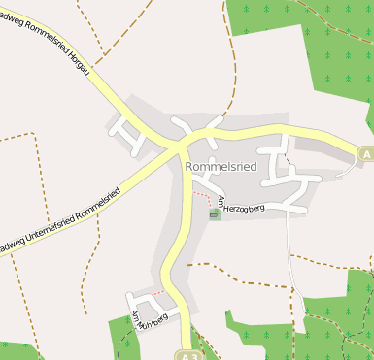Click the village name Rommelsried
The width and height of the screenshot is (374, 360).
pos(221,167)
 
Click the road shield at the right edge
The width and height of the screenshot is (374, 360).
pos(365,154)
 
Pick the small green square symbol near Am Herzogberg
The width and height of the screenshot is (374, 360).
pos(215,213)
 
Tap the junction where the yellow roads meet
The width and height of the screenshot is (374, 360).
pos(180,146)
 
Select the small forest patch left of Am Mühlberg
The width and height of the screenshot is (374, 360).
pos(120,335)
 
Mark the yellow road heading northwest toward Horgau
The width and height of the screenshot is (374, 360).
pos(117,97)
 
